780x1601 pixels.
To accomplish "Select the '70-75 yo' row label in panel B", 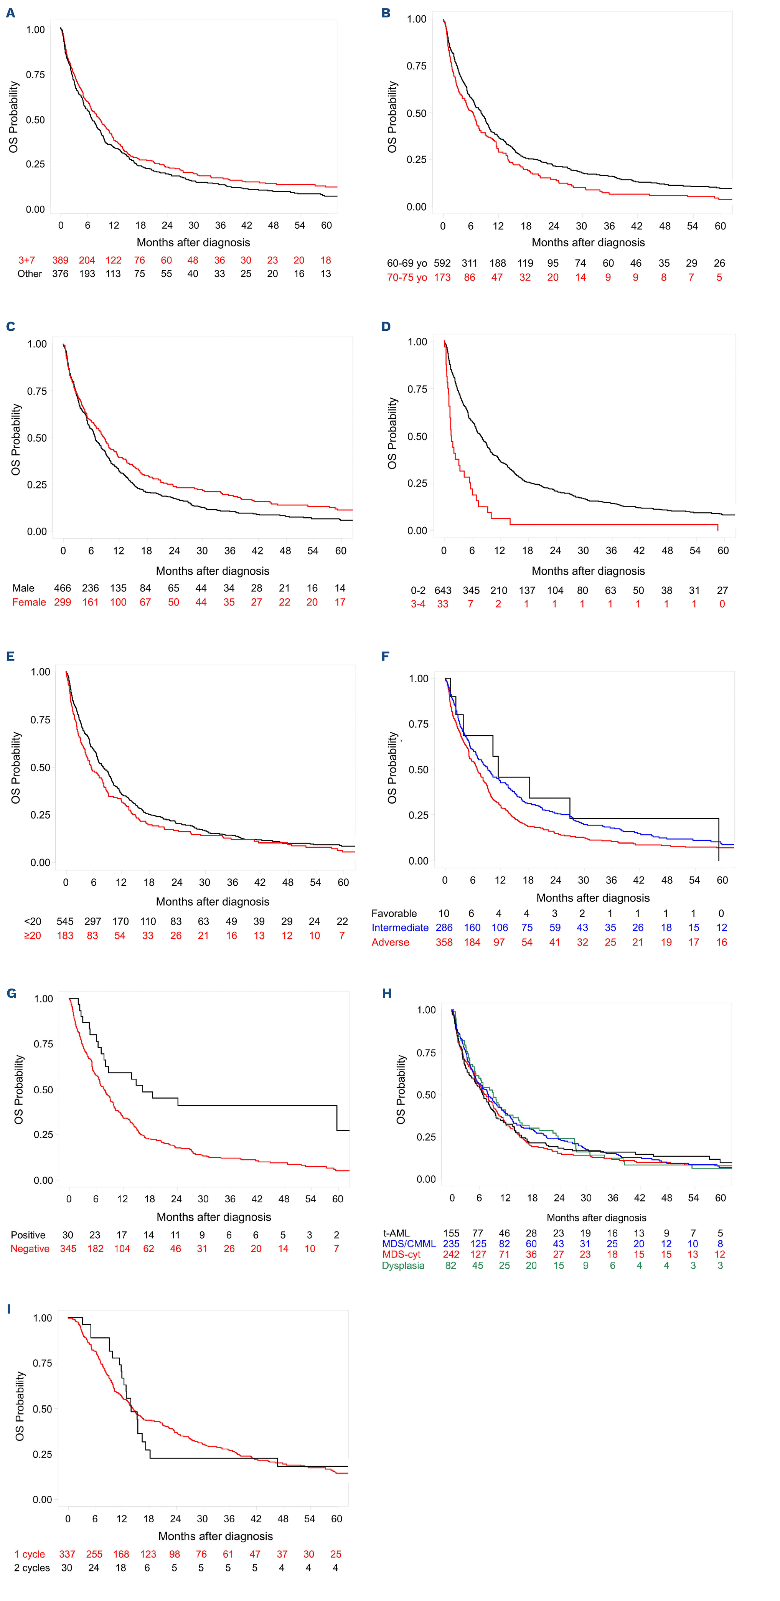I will click(x=407, y=277).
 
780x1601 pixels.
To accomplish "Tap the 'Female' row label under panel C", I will click(x=29, y=602).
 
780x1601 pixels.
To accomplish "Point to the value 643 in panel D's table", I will click(x=442, y=591).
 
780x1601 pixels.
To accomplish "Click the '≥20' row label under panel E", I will click(x=32, y=935).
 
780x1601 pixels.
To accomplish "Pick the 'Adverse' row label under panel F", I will click(x=390, y=942).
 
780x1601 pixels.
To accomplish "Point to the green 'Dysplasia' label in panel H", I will click(x=403, y=1265).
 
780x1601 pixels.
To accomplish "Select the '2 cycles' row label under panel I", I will click(x=32, y=1568).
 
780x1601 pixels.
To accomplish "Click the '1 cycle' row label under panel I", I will click(x=30, y=1554).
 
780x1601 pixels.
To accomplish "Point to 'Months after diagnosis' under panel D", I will click(x=588, y=571).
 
